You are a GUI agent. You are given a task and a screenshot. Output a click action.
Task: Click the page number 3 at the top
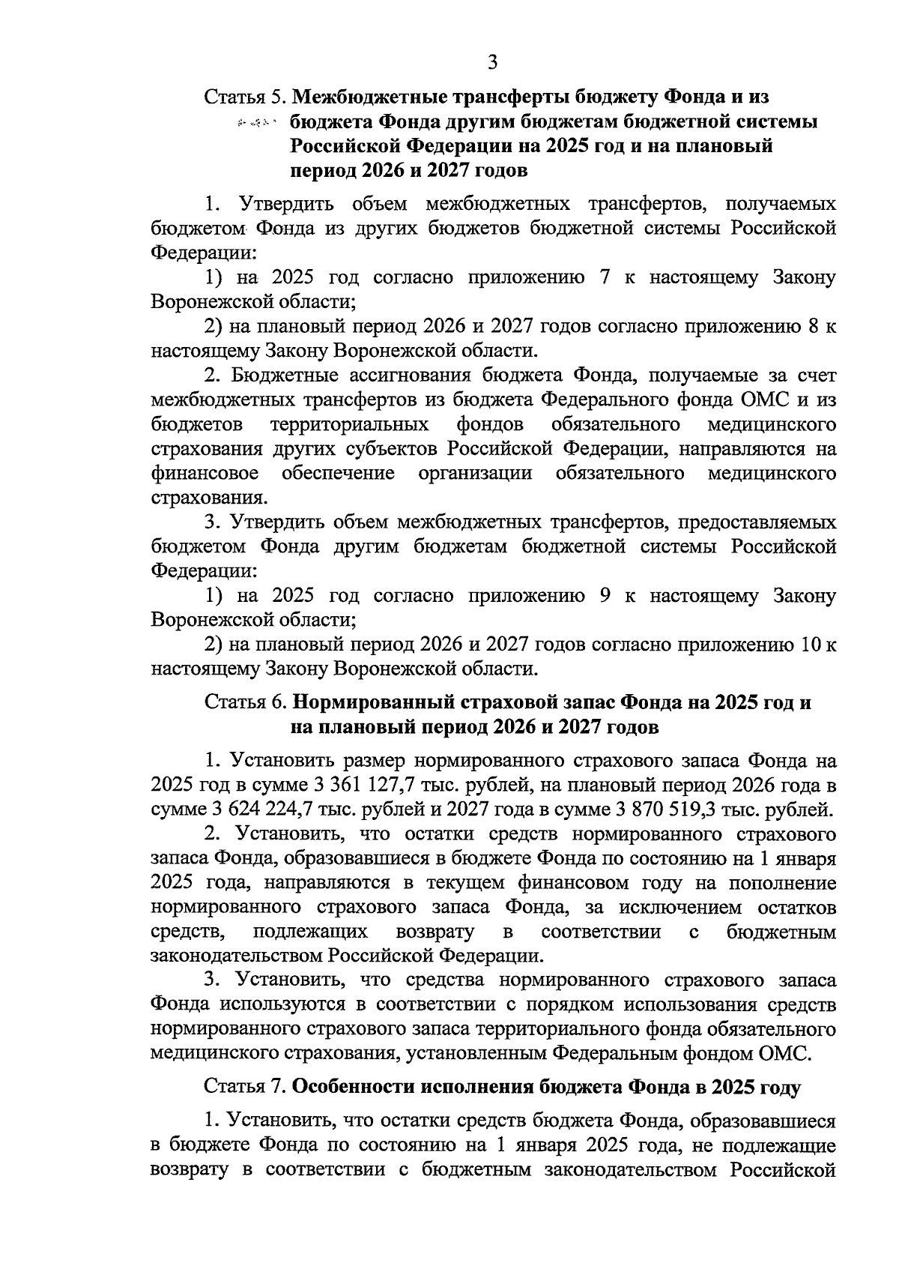click(492, 61)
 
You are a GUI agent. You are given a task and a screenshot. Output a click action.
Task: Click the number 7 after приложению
click(603, 278)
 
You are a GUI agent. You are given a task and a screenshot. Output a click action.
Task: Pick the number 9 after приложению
click(603, 596)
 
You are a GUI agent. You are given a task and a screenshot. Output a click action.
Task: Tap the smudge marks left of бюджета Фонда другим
click(256, 122)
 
